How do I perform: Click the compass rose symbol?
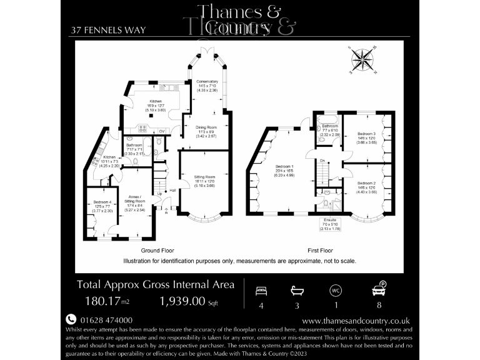click(x=361, y=61)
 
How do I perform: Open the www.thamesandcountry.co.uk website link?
click(x=356, y=320)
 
